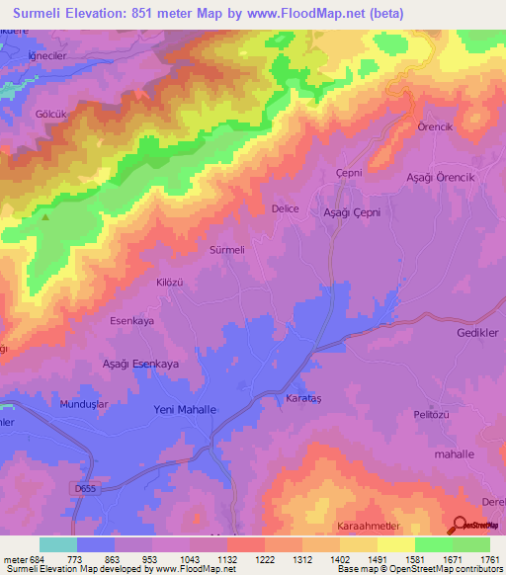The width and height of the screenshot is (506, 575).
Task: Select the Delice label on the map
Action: [285, 208]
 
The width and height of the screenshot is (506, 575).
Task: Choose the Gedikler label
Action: [478, 334]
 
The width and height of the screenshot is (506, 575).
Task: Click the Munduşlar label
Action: [62, 405]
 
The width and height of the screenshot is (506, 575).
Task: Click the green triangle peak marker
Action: [44, 216]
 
